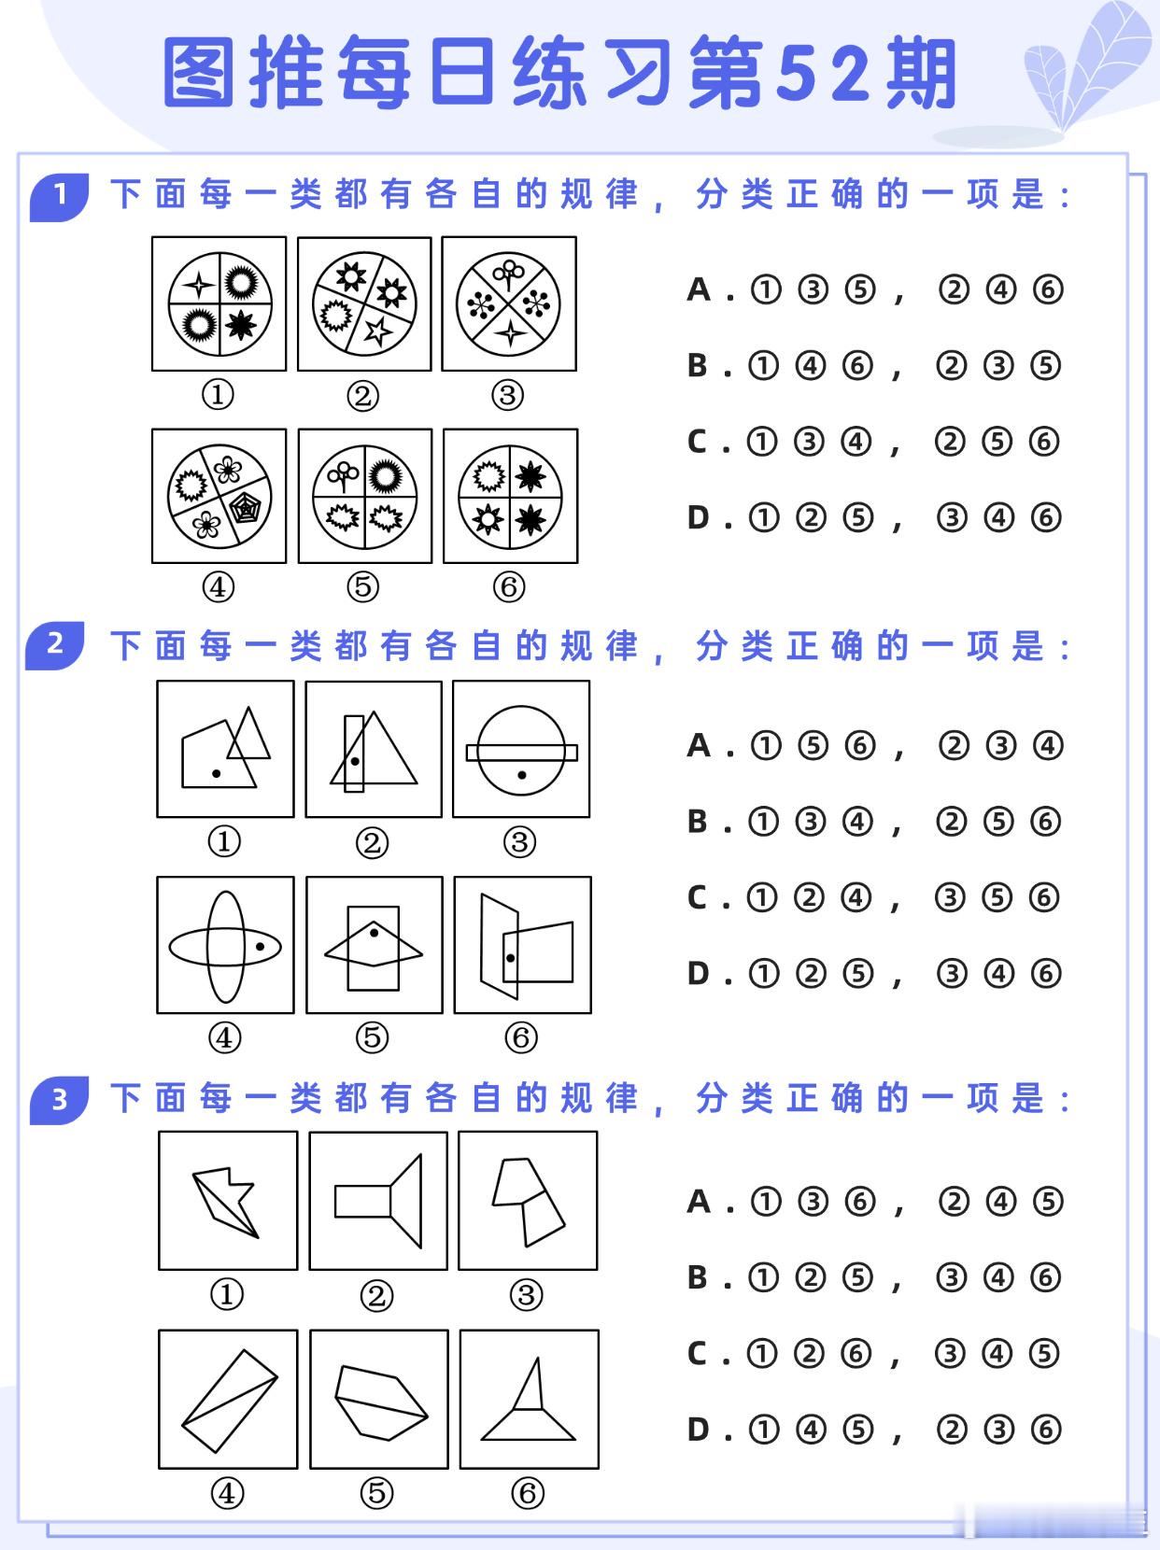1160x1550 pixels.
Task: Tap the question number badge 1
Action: pos(60,195)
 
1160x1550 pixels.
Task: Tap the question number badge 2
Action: pos(55,644)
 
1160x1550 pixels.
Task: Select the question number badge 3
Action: pos(59,1099)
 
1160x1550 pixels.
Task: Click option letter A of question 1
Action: pos(699,290)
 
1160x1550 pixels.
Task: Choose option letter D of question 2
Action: pos(699,974)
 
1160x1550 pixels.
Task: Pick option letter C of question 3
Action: pos(698,1353)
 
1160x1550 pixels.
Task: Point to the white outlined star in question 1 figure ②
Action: pos(377,331)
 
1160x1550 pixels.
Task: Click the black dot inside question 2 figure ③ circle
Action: pos(521,775)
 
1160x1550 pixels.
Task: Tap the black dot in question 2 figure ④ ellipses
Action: pos(261,946)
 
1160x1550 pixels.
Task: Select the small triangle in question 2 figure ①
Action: pos(249,735)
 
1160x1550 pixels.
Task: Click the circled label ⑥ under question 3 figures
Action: pos(527,1493)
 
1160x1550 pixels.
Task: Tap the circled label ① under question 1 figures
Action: pos(218,395)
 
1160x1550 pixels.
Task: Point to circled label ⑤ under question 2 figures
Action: pos(372,1037)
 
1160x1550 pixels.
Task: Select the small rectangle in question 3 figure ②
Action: pos(362,1201)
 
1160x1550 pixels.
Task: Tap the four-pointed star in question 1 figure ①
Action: pos(198,284)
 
